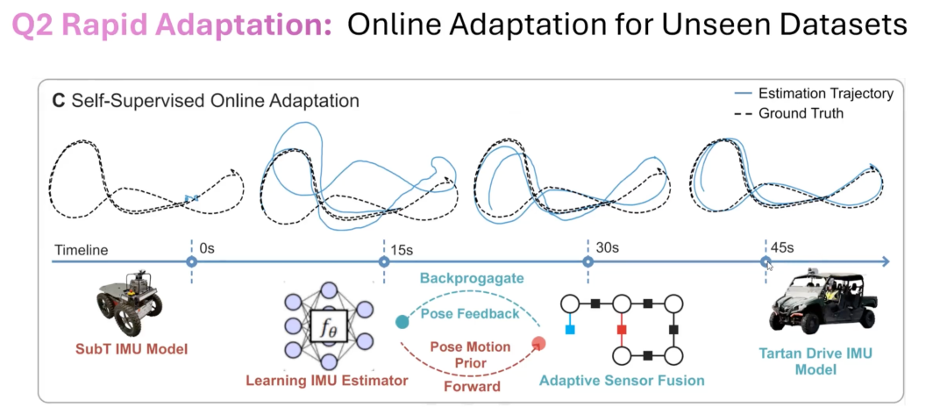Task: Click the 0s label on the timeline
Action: pos(207,247)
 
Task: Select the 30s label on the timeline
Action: pos(606,247)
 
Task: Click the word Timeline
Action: pos(81,250)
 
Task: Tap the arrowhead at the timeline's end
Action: pos(885,261)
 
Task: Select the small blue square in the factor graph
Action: pos(570,330)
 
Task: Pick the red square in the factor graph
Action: pos(622,330)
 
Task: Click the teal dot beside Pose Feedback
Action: pos(402,322)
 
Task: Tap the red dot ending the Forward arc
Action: pos(539,344)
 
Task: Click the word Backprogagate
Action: pos(472,279)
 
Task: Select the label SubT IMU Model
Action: pos(132,348)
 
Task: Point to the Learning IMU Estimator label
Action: pos(327,381)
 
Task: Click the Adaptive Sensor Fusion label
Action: pos(622,381)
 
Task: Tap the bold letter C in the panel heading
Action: pos(59,100)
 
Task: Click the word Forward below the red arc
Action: pos(473,386)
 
